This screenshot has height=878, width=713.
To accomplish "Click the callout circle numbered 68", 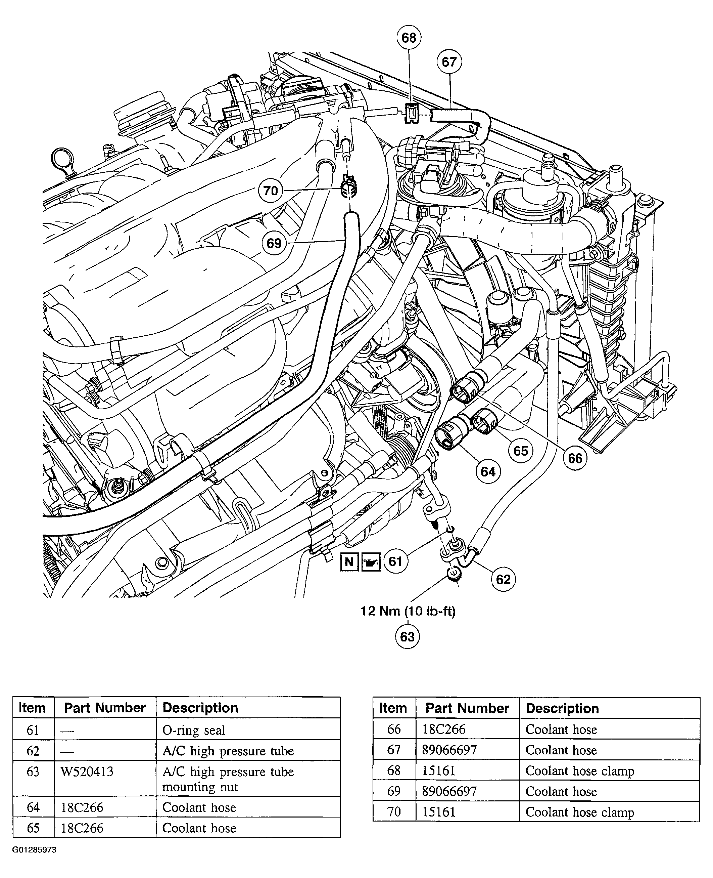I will pyautogui.click(x=409, y=38).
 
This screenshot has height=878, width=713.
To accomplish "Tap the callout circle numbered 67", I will pyautogui.click(x=449, y=62).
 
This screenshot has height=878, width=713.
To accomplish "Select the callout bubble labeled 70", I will pyautogui.click(x=270, y=191).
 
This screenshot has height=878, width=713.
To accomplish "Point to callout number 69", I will pyautogui.click(x=274, y=243).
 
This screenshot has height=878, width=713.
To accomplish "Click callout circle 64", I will pyautogui.click(x=488, y=471).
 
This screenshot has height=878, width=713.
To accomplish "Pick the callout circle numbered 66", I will pyautogui.click(x=575, y=458).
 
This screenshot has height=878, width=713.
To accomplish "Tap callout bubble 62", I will pyautogui.click(x=503, y=579).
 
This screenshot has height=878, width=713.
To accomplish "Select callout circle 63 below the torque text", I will pyautogui.click(x=407, y=637).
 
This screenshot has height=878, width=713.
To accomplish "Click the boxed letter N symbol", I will pyautogui.click(x=349, y=561).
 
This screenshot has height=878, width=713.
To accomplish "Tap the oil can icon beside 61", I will pyautogui.click(x=371, y=562).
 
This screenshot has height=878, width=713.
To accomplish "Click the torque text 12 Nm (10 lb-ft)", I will pyautogui.click(x=408, y=611).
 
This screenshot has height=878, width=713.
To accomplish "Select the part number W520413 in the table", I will pyautogui.click(x=87, y=771).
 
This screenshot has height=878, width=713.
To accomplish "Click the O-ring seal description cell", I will pyautogui.click(x=194, y=730).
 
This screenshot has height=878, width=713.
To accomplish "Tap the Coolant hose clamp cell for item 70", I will pyautogui.click(x=579, y=812).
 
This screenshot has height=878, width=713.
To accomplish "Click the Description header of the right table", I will pyautogui.click(x=562, y=709).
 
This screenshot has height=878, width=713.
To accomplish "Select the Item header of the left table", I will pyautogui.click(x=32, y=708).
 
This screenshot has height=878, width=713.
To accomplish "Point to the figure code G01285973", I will pyautogui.click(x=34, y=850).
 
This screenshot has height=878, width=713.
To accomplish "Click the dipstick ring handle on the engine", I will pyautogui.click(x=62, y=159).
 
